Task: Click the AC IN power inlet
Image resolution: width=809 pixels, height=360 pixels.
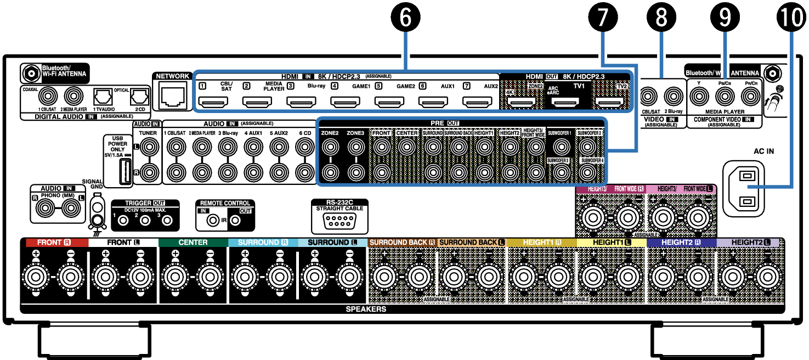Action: click(743, 188)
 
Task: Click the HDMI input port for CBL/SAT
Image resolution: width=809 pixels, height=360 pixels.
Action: click(213, 102)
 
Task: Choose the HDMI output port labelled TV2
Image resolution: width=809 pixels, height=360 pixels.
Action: click(610, 102)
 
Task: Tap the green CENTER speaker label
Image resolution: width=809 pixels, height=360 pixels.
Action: click(193, 242)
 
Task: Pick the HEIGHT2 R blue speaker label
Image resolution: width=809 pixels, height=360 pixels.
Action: click(681, 242)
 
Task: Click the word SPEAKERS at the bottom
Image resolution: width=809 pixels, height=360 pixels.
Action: click(366, 309)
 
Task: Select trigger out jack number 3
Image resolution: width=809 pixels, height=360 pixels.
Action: click(168, 221)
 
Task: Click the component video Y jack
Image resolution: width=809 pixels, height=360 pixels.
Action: click(698, 98)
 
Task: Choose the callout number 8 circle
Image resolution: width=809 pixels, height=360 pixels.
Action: click(661, 18)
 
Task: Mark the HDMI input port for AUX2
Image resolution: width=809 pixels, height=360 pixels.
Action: click(477, 102)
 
